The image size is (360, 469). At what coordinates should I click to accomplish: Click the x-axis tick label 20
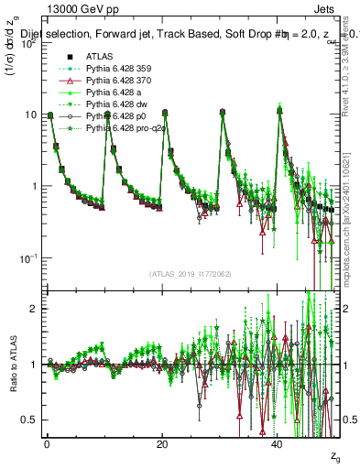pos(162,444)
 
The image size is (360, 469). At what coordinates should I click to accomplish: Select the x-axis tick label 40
pos(278,444)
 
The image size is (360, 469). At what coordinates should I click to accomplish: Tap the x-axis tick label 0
pos(47,444)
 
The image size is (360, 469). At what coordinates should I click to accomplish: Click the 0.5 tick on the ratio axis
pos(29,420)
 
